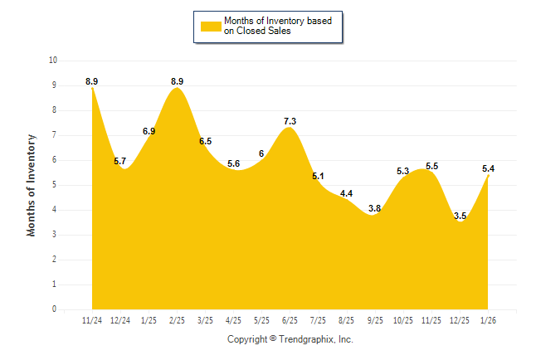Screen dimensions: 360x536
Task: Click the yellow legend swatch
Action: coord(209,26)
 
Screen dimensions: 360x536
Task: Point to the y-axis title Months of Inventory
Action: coord(32,185)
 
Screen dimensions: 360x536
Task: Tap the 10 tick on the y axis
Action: coord(53,61)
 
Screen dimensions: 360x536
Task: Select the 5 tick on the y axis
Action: coord(55,185)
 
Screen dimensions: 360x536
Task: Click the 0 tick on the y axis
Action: coord(55,309)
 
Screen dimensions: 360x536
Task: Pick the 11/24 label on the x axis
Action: coord(92,320)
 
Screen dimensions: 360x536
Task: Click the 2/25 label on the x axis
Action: coord(177,320)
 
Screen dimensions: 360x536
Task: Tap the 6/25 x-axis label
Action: coord(290,320)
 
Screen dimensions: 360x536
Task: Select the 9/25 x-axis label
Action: coord(375,320)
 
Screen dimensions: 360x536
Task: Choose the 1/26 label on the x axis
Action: coord(488,320)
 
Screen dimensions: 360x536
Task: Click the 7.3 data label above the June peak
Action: coord(290,121)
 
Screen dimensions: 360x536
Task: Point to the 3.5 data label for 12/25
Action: coord(460,216)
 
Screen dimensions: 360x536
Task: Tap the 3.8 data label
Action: coord(375,208)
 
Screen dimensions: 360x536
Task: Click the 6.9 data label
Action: coord(149,131)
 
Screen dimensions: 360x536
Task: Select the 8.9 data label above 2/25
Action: coord(177,81)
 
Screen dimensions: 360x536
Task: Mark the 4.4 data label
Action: coord(347,193)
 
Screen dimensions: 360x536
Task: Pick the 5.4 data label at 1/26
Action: coord(488,168)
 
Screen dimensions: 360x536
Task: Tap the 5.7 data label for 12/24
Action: coord(120,161)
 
